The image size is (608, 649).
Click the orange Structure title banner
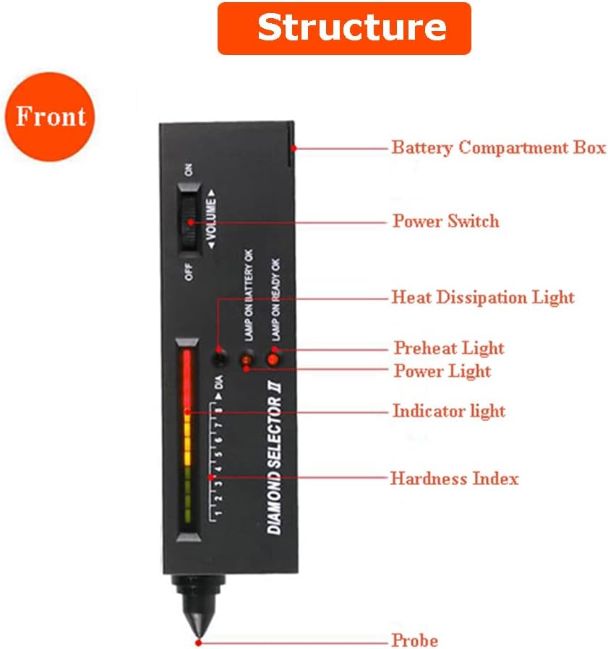(x=344, y=28)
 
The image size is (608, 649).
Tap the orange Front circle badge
(x=50, y=116)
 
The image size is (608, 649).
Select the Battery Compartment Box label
(x=498, y=148)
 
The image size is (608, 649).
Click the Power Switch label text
(x=445, y=220)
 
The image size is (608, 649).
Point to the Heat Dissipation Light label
(x=483, y=297)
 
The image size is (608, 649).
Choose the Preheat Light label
(x=448, y=348)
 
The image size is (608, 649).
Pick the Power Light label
(x=442, y=371)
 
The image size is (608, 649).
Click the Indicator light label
(x=448, y=411)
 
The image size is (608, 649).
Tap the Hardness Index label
(x=454, y=478)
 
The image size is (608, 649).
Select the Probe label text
(x=414, y=640)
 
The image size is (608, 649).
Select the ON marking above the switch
(x=189, y=170)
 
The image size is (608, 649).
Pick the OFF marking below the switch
(x=189, y=273)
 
